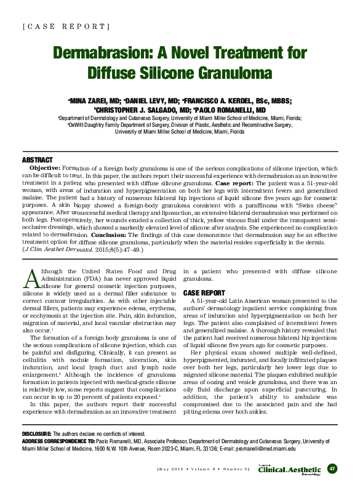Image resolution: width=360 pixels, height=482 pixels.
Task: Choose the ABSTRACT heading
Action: pyautogui.click(x=36, y=161)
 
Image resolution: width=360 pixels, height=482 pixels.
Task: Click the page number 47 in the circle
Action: pyautogui.click(x=332, y=468)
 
